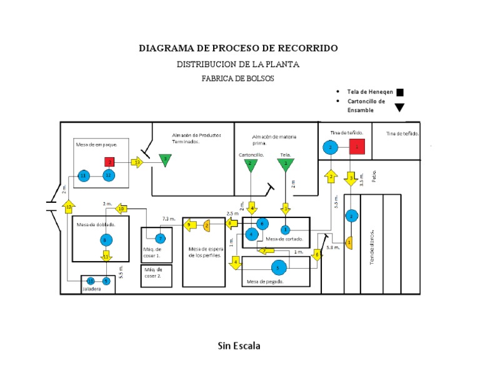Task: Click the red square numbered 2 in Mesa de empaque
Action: pyautogui.click(x=109, y=162)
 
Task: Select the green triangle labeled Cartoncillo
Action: pyautogui.click(x=250, y=165)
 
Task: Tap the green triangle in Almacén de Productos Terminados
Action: pyautogui.click(x=164, y=160)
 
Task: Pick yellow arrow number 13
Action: pyautogui.click(x=137, y=162)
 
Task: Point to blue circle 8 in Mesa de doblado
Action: pyautogui.click(x=106, y=240)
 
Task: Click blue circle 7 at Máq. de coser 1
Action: pyautogui.click(x=160, y=238)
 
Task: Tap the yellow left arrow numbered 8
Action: pyautogui.click(x=231, y=223)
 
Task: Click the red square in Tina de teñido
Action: pyautogui.click(x=357, y=147)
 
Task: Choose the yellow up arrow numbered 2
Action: pyautogui.click(x=331, y=177)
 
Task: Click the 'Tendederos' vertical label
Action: pyautogui.click(x=371, y=245)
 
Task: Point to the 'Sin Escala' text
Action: pyautogui.click(x=239, y=346)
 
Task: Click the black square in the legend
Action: pyautogui.click(x=400, y=93)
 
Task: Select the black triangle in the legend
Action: pyautogui.click(x=399, y=107)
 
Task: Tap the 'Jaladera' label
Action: pyautogui.click(x=91, y=290)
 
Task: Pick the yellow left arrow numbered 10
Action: pyautogui.click(x=121, y=209)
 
